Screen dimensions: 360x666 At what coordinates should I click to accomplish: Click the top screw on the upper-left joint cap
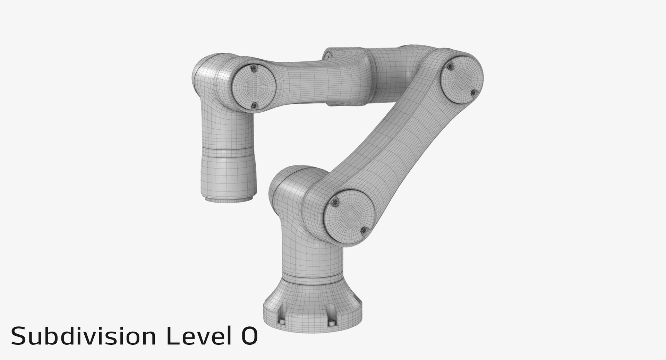[254, 69]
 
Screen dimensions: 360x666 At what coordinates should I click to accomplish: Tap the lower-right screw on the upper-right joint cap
[473, 92]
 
